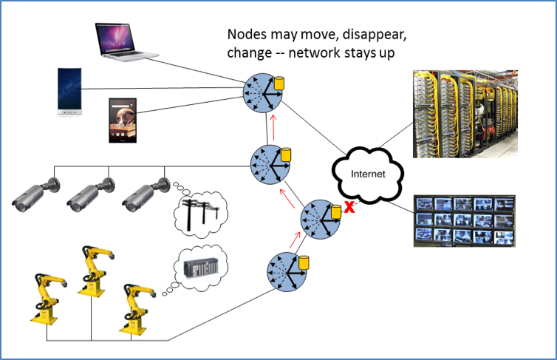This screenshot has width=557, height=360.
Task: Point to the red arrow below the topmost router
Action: point(273,123)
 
